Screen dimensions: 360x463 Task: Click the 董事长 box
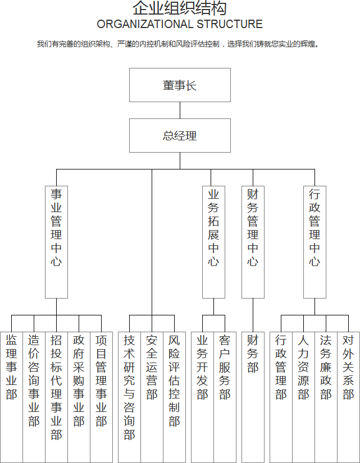[x=180, y=85]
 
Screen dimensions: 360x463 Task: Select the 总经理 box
[x=180, y=136]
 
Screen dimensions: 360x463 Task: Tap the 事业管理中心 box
[x=56, y=242]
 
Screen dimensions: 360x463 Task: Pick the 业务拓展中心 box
[x=213, y=242]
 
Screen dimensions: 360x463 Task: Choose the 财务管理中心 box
[x=253, y=242]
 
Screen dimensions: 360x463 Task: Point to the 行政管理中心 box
[x=315, y=242]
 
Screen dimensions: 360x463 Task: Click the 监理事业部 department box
[x=11, y=397]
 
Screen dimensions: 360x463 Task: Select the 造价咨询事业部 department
[x=34, y=397]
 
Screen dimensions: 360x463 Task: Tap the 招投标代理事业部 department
[x=56, y=397]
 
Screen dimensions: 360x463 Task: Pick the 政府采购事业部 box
[x=79, y=397]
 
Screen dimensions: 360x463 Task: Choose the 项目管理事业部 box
[x=101, y=397]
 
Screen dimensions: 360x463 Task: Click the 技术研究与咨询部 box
[x=129, y=397]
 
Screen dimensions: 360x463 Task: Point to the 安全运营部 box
[x=152, y=397]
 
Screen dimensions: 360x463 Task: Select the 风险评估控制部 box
[x=174, y=397]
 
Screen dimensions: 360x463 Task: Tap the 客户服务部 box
[x=225, y=397]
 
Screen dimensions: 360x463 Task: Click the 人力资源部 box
[x=303, y=397]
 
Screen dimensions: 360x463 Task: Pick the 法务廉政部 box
[x=326, y=397]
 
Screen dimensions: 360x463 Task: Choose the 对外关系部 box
[x=348, y=397]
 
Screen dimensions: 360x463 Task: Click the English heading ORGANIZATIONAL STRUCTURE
[x=180, y=24]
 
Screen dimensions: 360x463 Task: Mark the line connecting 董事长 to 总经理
[x=180, y=111]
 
